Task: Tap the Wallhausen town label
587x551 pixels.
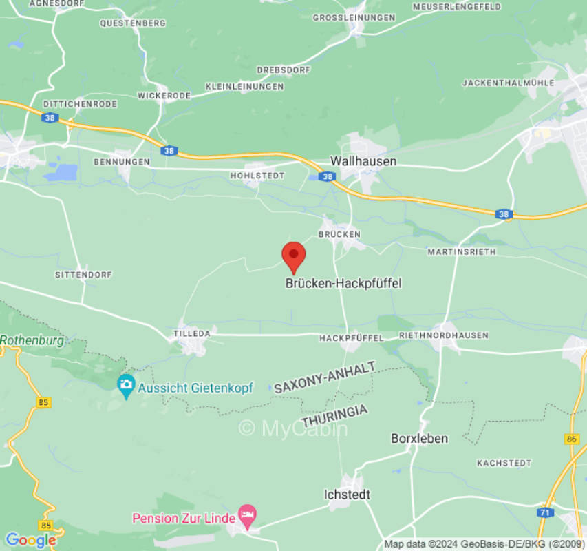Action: tap(363, 160)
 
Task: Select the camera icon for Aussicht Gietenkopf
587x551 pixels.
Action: tap(126, 387)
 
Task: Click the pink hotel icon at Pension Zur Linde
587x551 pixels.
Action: tap(247, 514)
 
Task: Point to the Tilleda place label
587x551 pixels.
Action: tap(191, 333)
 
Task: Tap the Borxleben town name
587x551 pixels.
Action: tap(419, 438)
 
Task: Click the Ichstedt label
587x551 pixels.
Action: tap(347, 495)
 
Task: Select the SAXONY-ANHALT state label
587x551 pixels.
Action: tap(325, 377)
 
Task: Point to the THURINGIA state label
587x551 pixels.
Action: tap(334, 416)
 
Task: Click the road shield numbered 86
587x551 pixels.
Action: tap(572, 438)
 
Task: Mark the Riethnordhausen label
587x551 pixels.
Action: tap(444, 335)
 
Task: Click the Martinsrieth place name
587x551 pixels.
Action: tap(461, 251)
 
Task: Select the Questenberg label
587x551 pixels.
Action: tap(133, 23)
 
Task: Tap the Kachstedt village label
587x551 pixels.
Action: tap(504, 463)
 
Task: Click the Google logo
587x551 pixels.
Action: tap(30, 540)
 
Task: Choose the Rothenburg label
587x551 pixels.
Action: tap(32, 340)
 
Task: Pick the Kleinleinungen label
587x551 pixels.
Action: tap(245, 87)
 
